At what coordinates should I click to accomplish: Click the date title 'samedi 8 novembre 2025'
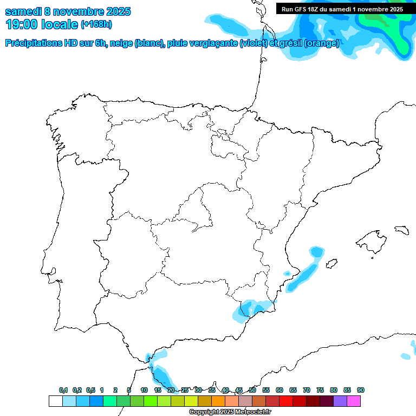tap(68, 11)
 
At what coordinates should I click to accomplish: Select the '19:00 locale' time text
tap(41, 24)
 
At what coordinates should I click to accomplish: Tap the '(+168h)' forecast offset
tap(96, 24)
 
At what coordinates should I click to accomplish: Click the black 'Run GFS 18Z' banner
tap(342, 9)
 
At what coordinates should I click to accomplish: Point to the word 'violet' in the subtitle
tap(252, 43)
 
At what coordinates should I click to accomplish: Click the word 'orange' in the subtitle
tap(323, 43)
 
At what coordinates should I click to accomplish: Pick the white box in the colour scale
tap(55, 401)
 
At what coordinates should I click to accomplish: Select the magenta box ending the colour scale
tap(354, 401)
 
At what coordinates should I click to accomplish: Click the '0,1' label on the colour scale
tap(63, 390)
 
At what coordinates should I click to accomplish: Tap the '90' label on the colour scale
tap(361, 390)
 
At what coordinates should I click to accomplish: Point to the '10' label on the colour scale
tap(144, 390)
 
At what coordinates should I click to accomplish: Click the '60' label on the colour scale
tap(279, 390)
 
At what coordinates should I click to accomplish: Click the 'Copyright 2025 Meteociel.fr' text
tap(230, 412)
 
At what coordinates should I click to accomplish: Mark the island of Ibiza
tap(332, 264)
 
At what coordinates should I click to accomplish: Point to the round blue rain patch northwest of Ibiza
tap(316, 252)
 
